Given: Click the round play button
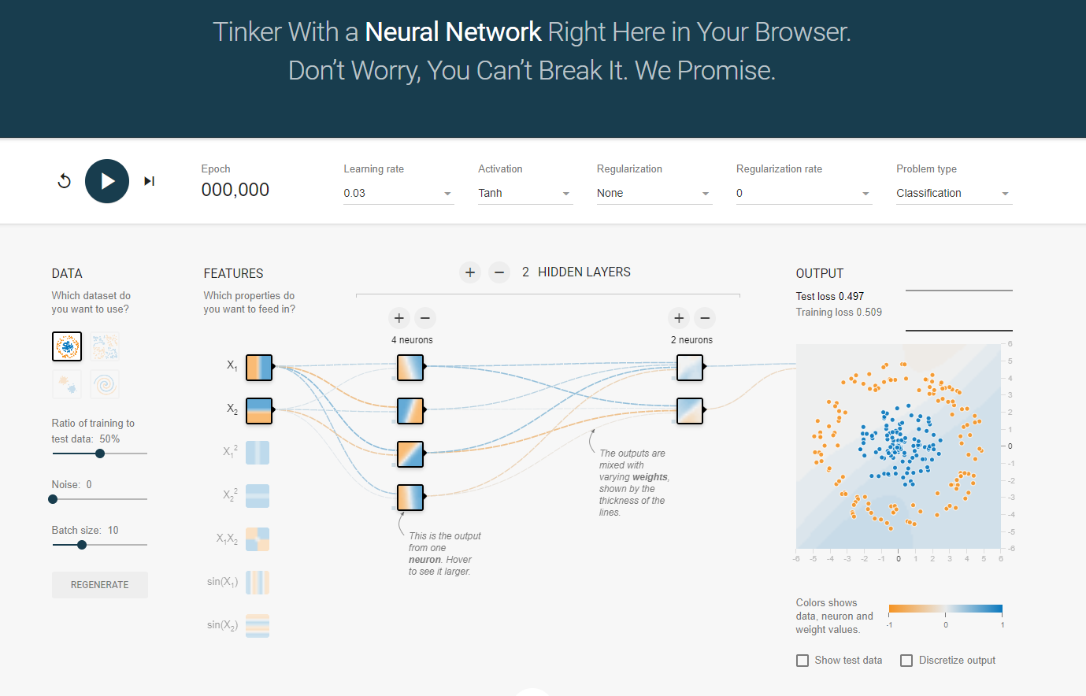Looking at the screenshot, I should click(107, 181).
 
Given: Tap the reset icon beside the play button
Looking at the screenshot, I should click(65, 181).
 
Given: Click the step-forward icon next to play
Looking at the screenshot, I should click(149, 181).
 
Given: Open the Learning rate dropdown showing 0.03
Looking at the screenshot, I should click(398, 193).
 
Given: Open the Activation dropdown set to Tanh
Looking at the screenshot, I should click(524, 193).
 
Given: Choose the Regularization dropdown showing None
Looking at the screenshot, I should click(654, 193).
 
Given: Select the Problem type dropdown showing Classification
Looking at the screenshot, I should click(953, 193).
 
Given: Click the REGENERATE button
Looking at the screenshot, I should click(100, 585).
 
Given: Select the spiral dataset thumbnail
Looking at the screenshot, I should click(105, 384).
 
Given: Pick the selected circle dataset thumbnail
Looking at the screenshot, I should click(67, 346).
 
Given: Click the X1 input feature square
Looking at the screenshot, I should click(259, 368).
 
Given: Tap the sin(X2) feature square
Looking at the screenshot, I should click(258, 626).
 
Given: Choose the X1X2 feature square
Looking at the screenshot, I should click(258, 539).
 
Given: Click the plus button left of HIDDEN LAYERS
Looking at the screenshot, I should click(470, 272).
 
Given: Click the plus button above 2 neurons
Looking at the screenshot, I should click(679, 318).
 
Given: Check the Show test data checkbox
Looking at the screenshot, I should click(802, 661).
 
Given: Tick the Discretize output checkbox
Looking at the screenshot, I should click(906, 661).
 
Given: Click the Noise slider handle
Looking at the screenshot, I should click(53, 499).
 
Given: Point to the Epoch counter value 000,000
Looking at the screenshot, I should click(235, 190).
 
